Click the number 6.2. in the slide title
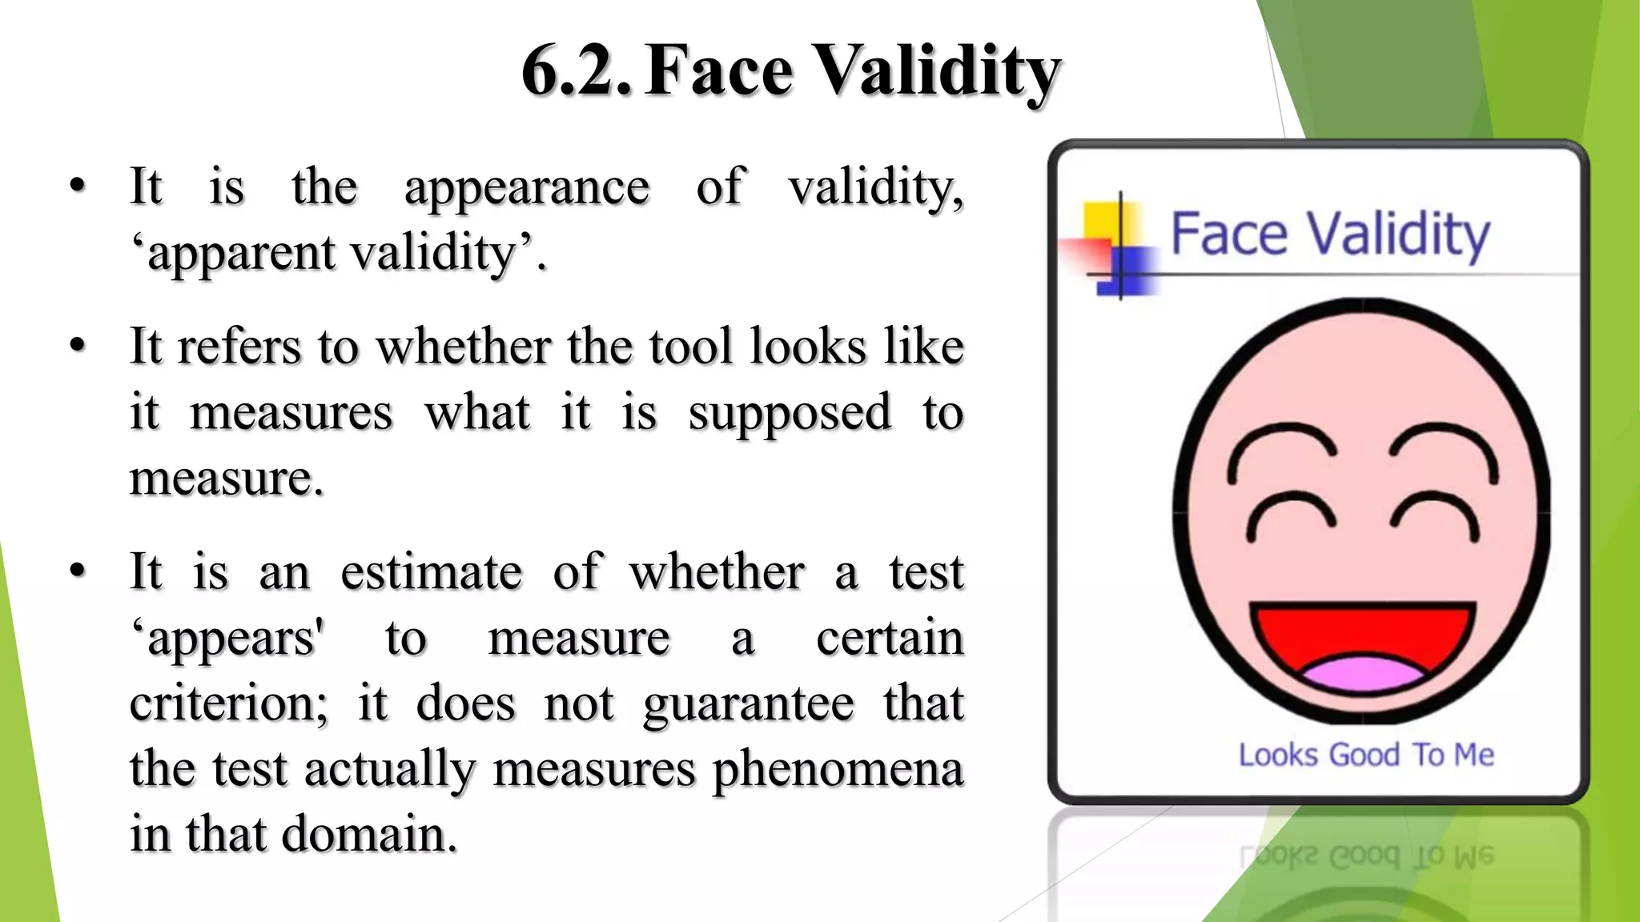tap(575, 72)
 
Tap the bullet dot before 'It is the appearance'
tap(78, 186)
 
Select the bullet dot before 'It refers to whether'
tap(78, 346)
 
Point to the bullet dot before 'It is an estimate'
tap(78, 571)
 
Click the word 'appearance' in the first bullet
tap(526, 189)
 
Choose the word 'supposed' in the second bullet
tap(790, 415)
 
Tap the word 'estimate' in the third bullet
tap(432, 573)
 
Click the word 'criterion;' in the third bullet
tap(229, 704)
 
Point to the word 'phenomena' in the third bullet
tap(838, 770)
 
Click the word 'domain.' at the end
tap(370, 834)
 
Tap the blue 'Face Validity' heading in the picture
tap(1330, 235)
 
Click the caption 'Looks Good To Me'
tap(1366, 755)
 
